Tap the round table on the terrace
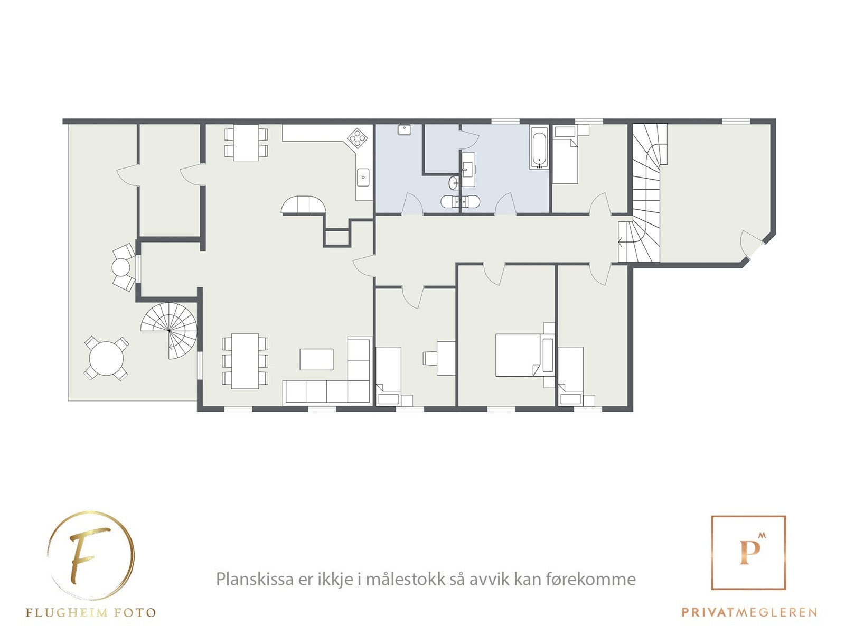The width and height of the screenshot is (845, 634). (x=106, y=358)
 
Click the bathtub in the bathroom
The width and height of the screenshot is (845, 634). (x=540, y=147)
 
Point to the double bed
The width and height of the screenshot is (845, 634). (x=520, y=355)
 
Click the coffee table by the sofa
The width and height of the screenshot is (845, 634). (x=316, y=359)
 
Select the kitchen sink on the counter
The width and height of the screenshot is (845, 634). (x=363, y=177)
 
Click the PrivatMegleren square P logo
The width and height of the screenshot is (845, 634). (x=748, y=552)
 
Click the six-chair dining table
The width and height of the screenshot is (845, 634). (x=245, y=361)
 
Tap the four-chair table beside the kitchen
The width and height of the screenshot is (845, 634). (x=246, y=142)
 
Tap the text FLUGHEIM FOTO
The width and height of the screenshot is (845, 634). (x=90, y=613)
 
